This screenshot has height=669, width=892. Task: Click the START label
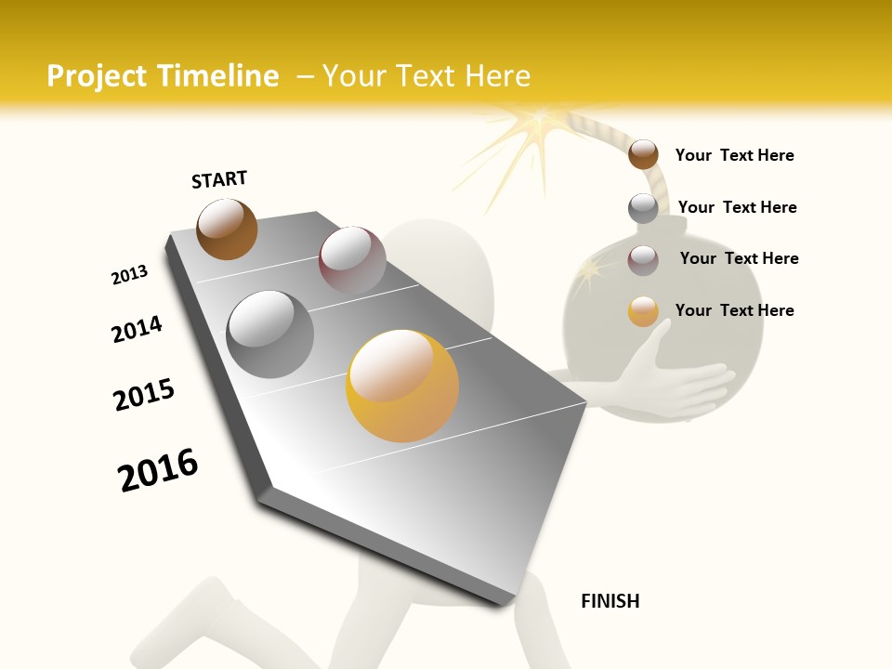click(x=219, y=179)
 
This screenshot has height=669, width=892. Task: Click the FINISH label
click(x=610, y=601)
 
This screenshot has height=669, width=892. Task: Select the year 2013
click(x=129, y=275)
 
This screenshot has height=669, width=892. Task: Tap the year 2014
click(x=137, y=330)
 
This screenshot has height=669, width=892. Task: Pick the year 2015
click(x=144, y=395)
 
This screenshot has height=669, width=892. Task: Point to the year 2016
click(x=158, y=469)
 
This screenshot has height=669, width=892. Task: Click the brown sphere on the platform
click(x=227, y=229)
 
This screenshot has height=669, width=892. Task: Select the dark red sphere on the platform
click(x=352, y=259)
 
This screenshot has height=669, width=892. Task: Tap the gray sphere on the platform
click(x=270, y=334)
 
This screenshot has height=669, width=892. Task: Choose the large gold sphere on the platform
click(x=402, y=386)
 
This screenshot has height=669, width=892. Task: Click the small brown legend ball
click(x=643, y=154)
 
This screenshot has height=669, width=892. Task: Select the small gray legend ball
click(x=643, y=207)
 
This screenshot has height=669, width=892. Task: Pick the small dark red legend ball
click(x=643, y=260)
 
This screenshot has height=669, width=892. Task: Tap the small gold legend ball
click(x=643, y=311)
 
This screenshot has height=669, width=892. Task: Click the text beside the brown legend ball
click(x=734, y=155)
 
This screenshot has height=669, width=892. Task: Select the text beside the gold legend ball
click(x=734, y=310)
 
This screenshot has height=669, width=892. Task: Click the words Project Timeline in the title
click(x=163, y=76)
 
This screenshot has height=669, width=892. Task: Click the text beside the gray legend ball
click(x=737, y=207)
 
